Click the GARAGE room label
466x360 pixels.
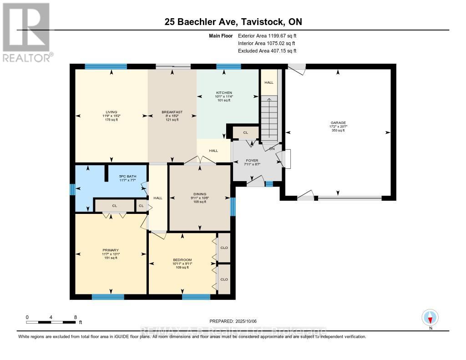(338, 122)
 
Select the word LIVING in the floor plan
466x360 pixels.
(111, 112)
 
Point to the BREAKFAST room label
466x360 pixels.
(172, 112)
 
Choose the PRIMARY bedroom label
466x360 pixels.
(111, 250)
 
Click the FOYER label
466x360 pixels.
(252, 161)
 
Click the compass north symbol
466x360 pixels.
(430, 317)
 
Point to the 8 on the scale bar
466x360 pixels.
(76, 317)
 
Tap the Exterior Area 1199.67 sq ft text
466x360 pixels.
(267, 35)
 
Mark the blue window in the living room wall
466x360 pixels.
(106, 66)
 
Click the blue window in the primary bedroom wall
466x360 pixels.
(108, 297)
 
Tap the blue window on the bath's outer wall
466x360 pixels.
(72, 189)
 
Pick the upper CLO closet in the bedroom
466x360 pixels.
(224, 248)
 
